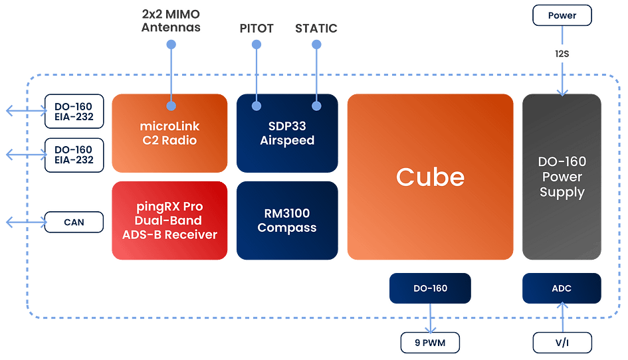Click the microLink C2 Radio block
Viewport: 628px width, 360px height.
click(169, 134)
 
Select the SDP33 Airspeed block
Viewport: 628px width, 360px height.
click(287, 134)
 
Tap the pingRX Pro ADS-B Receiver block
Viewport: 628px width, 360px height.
click(169, 221)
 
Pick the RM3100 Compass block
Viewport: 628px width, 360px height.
click(287, 221)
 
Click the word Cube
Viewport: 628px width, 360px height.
click(430, 177)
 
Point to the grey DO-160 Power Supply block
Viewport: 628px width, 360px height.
click(562, 177)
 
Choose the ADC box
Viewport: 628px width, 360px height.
click(562, 288)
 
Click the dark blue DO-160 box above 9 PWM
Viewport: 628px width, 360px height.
click(430, 288)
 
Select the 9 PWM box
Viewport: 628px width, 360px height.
click(430, 343)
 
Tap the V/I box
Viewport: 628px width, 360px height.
click(562, 343)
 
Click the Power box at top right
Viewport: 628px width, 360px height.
click(562, 15)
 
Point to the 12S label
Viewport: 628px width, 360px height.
click(562, 53)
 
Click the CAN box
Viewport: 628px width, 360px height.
click(74, 222)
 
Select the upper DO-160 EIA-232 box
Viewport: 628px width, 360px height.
click(74, 112)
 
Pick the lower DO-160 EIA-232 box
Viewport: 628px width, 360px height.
click(74, 155)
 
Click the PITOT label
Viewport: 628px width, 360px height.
click(256, 29)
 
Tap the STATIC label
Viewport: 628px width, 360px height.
click(316, 29)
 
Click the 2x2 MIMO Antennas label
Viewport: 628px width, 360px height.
click(171, 21)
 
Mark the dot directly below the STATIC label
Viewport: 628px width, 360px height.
click(316, 45)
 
